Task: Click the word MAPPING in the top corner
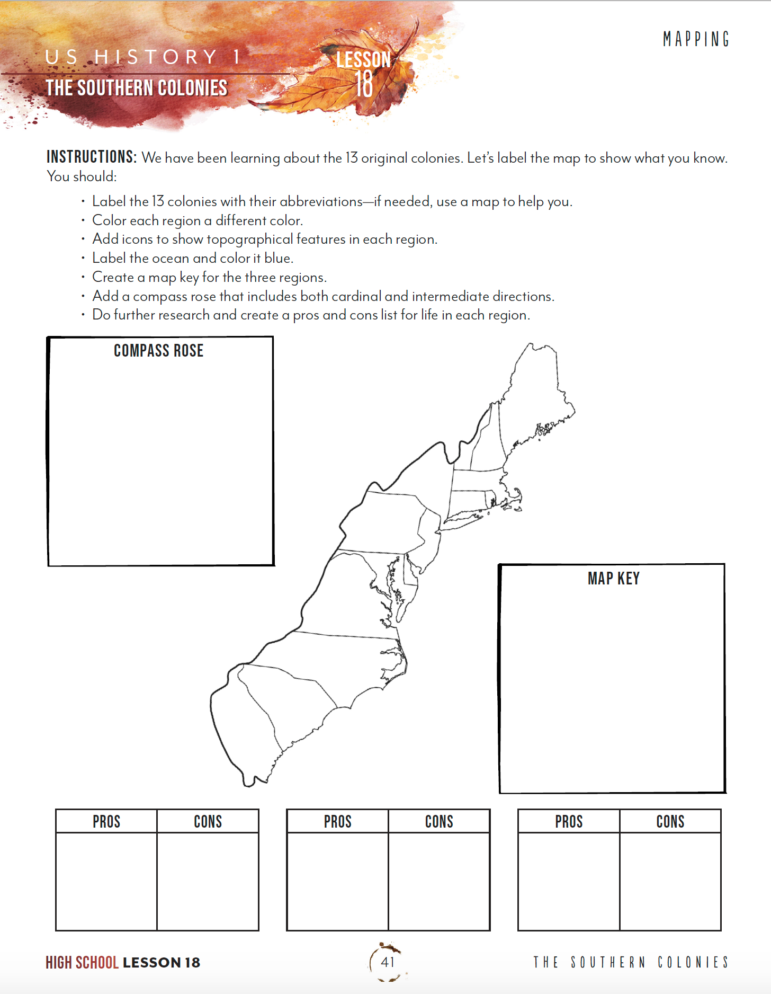[696, 39]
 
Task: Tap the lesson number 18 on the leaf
[364, 84]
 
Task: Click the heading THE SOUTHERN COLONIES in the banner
[137, 88]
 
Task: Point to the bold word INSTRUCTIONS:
[92, 157]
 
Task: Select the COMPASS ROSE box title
[158, 351]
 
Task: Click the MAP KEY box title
[613, 578]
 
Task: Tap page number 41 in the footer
[388, 962]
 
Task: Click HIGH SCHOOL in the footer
[82, 962]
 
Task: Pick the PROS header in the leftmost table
[106, 821]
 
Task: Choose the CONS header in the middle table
[439, 821]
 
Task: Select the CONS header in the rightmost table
[670, 821]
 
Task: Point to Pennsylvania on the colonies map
[381, 522]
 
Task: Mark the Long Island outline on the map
[466, 517]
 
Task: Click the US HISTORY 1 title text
[143, 57]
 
